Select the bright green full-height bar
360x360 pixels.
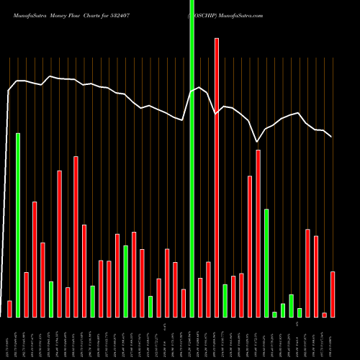pyautogui.click(x=192, y=158)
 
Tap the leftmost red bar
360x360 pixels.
pyautogui.click(x=9, y=309)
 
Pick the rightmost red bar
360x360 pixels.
pyautogui.click(x=333, y=294)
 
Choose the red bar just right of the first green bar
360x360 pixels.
pyautogui.click(x=26, y=294)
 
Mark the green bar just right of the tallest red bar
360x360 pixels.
pyautogui.click(x=225, y=300)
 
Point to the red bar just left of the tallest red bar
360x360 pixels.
pyautogui.click(x=208, y=289)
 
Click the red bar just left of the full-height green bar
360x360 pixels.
pyautogui.click(x=184, y=302)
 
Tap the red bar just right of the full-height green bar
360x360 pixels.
pyautogui.click(x=200, y=297)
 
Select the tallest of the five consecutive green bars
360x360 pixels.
pyautogui.click(x=266, y=263)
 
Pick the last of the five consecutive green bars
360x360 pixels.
pyautogui.click(x=300, y=312)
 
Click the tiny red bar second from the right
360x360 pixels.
pyautogui.click(x=325, y=315)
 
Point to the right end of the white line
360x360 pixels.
pyautogui.click(x=331, y=137)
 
